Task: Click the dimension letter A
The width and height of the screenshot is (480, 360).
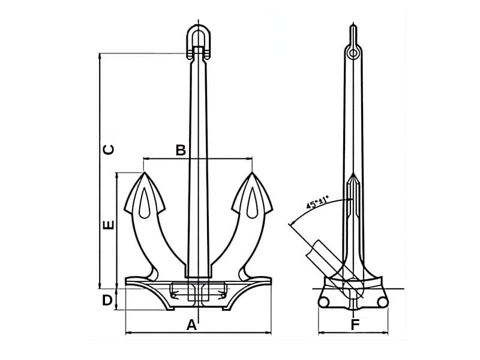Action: (x=191, y=325)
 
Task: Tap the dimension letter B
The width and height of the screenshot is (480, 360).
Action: (x=181, y=151)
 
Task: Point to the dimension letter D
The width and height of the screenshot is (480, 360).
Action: (x=107, y=300)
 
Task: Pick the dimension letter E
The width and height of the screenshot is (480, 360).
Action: (x=108, y=226)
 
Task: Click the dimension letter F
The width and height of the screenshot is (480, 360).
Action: (x=355, y=325)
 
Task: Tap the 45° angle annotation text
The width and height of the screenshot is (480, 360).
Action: (x=322, y=202)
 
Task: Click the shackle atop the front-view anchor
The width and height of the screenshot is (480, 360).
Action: (x=198, y=39)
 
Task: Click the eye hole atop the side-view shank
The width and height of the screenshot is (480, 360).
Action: (x=354, y=53)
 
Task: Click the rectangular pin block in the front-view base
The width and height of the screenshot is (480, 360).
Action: (x=198, y=292)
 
